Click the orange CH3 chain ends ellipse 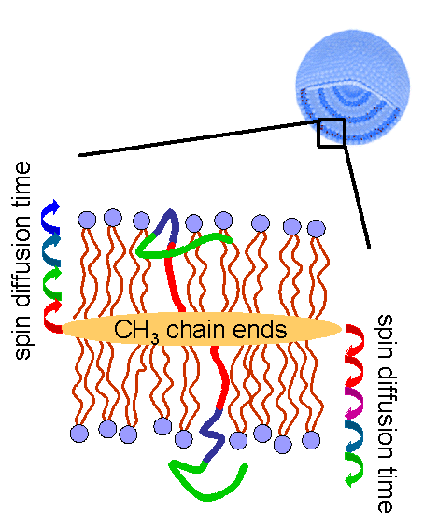click(201, 329)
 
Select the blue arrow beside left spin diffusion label click(50, 216)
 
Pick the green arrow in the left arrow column click(52, 282)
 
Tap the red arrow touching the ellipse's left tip click(52, 317)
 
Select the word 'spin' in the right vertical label click(384, 336)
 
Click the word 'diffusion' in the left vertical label click(22, 263)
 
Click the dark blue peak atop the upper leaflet click(171, 224)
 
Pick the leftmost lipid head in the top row click(87, 220)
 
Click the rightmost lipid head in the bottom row click(311, 439)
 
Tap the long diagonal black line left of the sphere click(198, 138)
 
